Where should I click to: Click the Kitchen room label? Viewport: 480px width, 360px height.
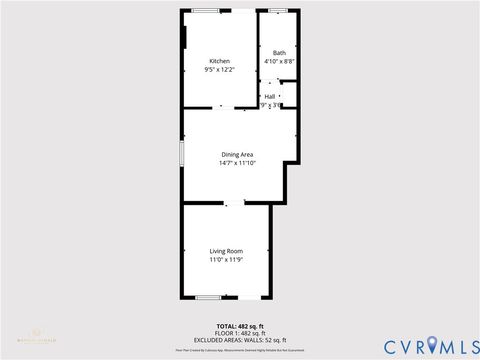219,60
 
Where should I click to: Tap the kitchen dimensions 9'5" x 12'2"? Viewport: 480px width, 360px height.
219,70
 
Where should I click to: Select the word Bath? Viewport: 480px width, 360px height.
278,52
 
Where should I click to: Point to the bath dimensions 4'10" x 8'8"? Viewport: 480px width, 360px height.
278,62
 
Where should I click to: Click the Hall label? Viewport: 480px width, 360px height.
270,96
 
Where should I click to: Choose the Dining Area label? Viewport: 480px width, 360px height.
239,153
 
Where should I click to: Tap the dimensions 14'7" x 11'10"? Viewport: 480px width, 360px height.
239,163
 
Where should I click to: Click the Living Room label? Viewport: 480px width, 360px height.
226,250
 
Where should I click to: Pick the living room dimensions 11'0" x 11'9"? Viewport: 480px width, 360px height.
226,260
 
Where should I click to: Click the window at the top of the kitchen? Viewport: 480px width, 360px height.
208,10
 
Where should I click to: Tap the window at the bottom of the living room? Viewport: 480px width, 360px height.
208,297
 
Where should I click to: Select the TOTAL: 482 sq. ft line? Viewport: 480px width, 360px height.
239,327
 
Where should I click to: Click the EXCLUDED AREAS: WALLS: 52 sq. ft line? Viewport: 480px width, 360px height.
239,340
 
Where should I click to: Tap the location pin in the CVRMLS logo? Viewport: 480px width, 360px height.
432,345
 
